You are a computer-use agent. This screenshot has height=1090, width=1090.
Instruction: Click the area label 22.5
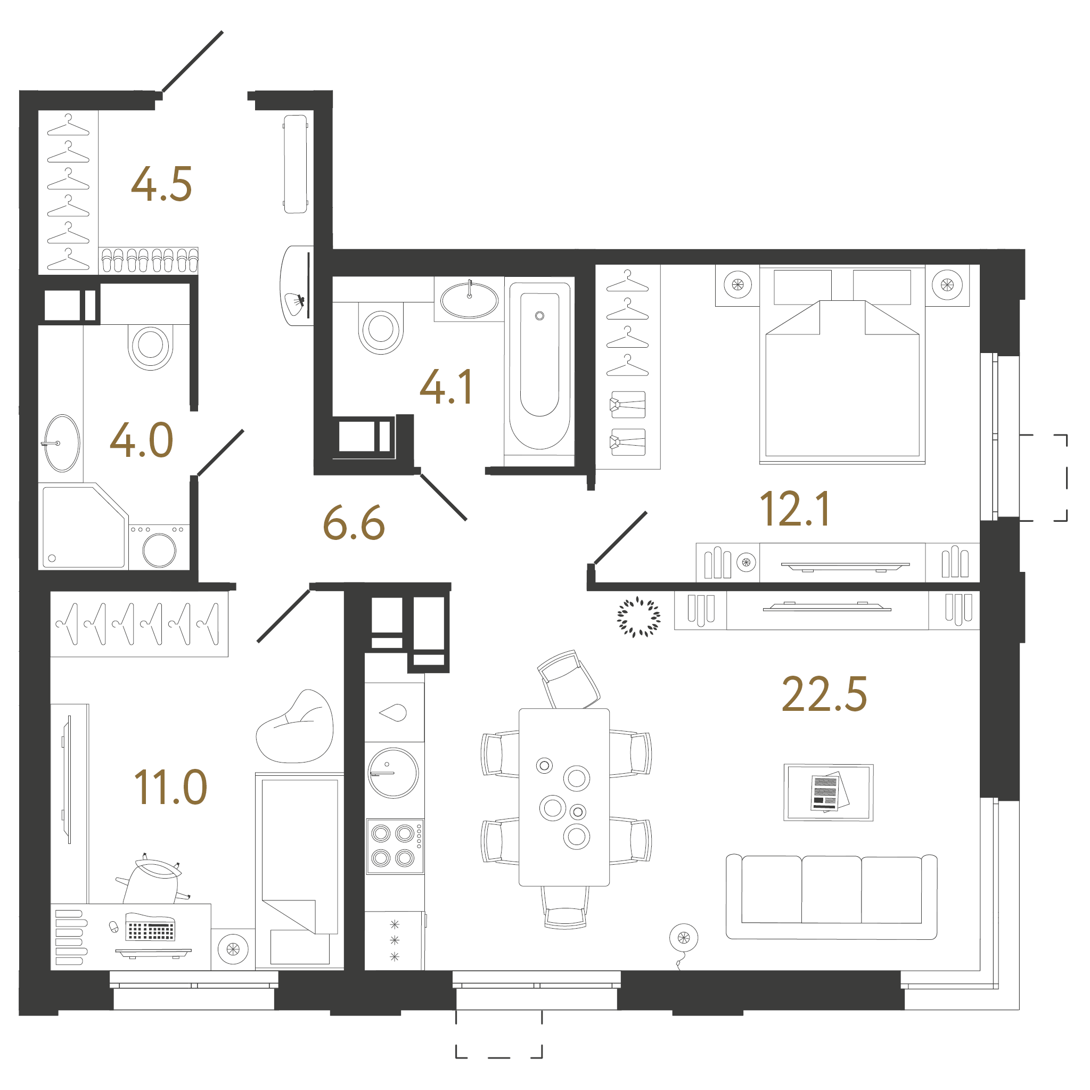(x=824, y=694)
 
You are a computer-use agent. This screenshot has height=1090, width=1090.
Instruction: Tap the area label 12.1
(x=795, y=509)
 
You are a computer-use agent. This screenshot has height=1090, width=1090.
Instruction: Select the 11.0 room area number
(x=170, y=787)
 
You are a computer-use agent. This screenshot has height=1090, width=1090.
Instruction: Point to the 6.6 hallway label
(x=354, y=523)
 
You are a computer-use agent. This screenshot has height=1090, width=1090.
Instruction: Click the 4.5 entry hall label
(x=161, y=184)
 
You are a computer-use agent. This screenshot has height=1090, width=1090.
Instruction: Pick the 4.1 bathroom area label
(x=446, y=387)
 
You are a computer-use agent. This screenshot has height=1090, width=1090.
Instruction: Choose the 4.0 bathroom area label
(x=141, y=440)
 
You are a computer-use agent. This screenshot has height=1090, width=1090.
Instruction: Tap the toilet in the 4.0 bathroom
(x=151, y=346)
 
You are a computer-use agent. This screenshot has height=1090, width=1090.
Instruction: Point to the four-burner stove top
(x=395, y=846)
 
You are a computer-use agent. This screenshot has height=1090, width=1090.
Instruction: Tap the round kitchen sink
(x=393, y=773)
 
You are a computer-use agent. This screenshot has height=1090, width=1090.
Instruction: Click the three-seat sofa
(x=832, y=898)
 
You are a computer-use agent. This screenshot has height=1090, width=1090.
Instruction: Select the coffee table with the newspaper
(x=828, y=793)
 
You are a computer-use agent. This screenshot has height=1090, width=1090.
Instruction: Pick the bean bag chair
(x=295, y=728)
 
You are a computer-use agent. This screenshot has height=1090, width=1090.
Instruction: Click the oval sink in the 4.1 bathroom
(x=470, y=300)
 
